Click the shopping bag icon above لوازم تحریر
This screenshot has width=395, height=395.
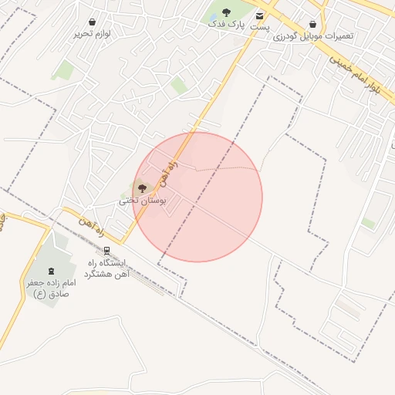(x=93, y=22)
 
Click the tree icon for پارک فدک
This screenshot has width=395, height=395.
(x=226, y=12)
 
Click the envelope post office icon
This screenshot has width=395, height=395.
(x=260, y=15)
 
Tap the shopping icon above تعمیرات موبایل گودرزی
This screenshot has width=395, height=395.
(x=312, y=25)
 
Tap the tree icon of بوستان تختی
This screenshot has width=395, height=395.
(x=140, y=187)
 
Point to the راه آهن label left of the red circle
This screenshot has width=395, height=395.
(x=90, y=221)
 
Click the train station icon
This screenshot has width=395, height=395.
(x=107, y=251)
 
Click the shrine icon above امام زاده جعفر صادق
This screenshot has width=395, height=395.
(x=52, y=271)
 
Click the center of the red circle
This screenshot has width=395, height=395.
(x=197, y=197)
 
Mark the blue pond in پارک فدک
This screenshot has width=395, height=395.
(x=213, y=17)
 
